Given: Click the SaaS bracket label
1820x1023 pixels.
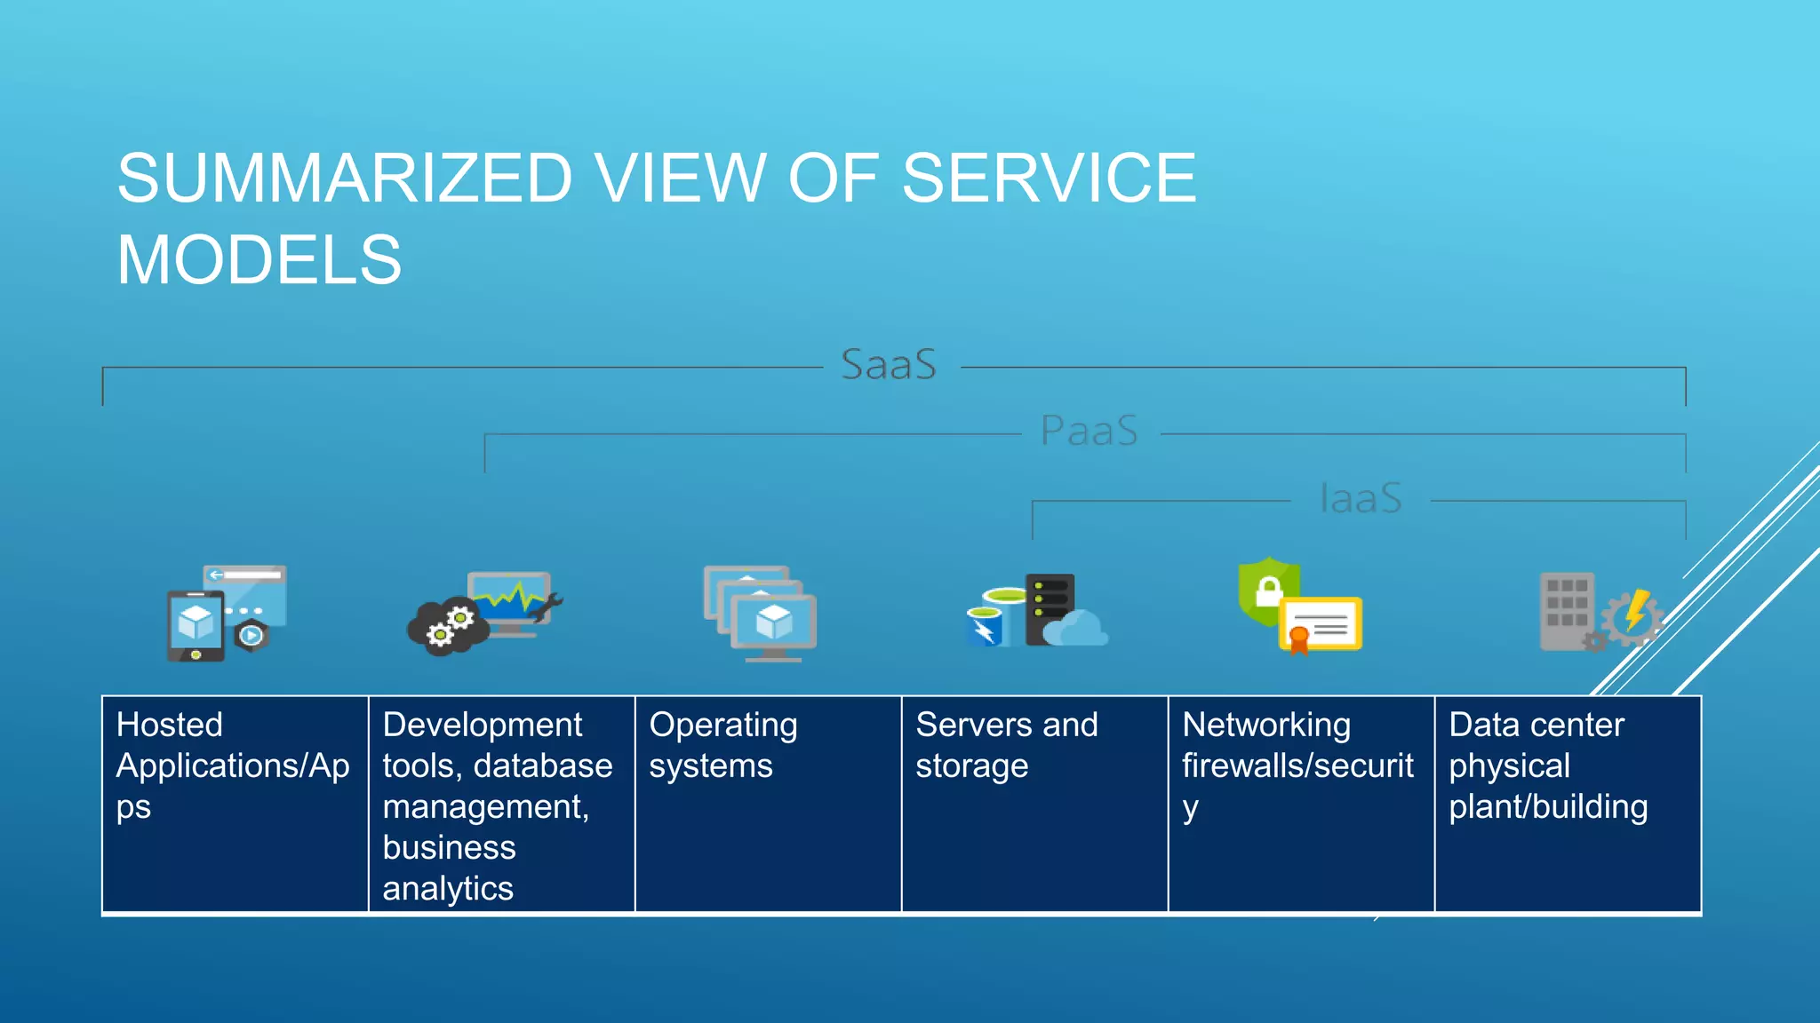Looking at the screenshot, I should (889, 365).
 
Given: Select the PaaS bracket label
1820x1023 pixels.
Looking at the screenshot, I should (1089, 432).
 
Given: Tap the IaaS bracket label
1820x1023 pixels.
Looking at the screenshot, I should (1361, 498).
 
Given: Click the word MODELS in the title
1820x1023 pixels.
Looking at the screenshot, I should (259, 260).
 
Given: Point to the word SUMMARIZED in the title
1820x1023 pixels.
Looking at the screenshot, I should (345, 178).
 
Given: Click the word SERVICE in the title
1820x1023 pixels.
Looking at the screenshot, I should (1049, 178).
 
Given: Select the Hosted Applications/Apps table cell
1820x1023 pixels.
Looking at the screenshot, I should (235, 804).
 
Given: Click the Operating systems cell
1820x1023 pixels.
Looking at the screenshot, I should (768, 804).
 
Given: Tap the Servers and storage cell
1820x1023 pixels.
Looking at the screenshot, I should (1034, 804).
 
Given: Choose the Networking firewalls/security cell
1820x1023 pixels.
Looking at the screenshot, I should (1301, 804).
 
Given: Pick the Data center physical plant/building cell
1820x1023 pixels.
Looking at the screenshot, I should (1568, 804).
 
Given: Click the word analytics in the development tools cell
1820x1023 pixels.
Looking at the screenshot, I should (448, 889).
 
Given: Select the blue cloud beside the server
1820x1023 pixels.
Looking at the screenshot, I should (1077, 629).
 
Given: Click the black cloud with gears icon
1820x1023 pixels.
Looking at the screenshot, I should (446, 627).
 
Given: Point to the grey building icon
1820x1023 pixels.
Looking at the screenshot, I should (1566, 611).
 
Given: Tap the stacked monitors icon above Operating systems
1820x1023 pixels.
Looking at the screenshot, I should (761, 613).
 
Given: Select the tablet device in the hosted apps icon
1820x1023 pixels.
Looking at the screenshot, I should (196, 625).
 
